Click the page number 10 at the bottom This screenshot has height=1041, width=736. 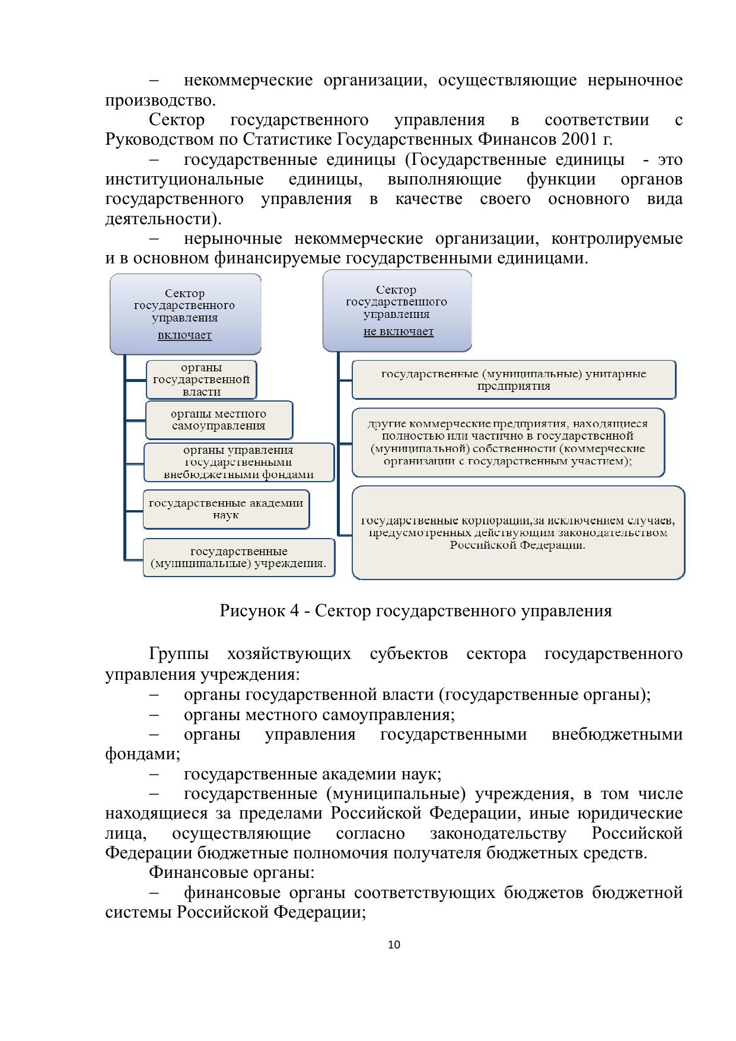click(394, 944)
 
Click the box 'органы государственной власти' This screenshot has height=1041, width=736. click(202, 380)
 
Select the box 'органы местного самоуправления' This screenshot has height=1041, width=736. click(219, 419)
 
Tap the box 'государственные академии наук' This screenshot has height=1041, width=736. click(226, 509)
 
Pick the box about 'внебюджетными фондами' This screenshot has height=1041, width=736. click(238, 462)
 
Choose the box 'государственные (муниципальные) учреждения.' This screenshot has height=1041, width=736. click(238, 557)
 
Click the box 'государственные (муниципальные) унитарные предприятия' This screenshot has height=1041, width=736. click(514, 380)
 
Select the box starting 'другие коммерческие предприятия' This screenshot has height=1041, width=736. click(508, 442)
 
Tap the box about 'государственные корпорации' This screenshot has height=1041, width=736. click(518, 532)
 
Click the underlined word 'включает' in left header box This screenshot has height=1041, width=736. click(184, 335)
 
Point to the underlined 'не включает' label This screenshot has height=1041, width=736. click(399, 332)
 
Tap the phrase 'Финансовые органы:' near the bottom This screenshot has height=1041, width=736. click(231, 873)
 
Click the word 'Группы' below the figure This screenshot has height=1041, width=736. click(179, 654)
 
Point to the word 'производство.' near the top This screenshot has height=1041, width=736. click(160, 100)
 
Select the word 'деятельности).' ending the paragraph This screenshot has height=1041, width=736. click(163, 219)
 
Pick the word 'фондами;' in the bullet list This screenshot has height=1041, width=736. click(142, 755)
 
